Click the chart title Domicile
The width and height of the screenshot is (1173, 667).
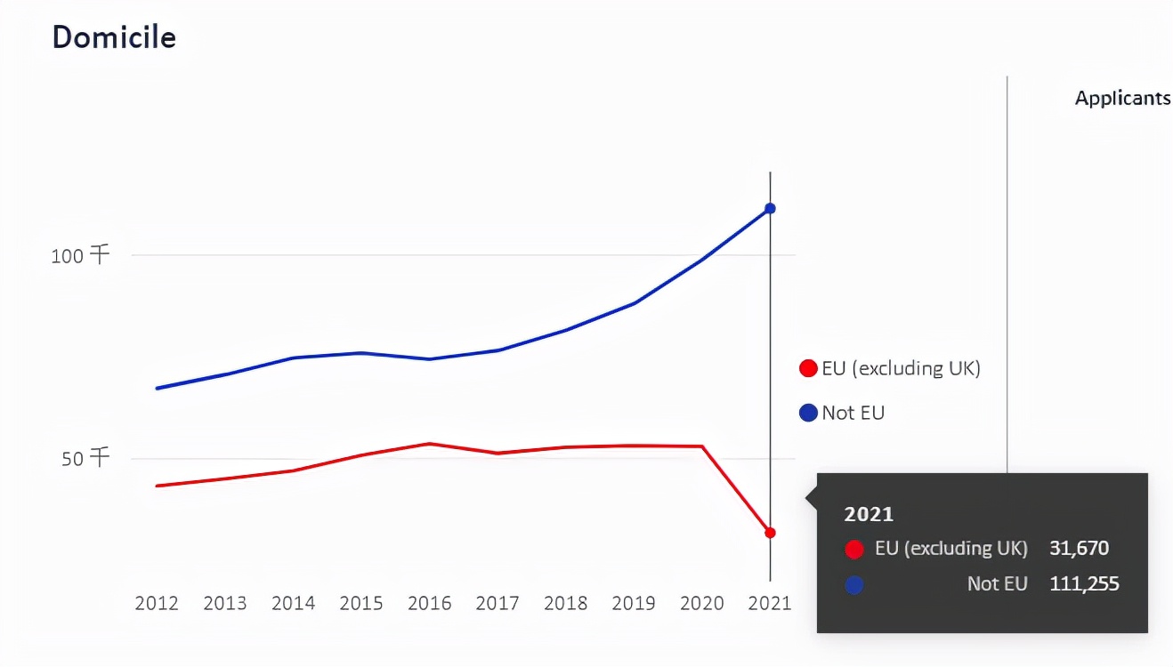pyautogui.click(x=114, y=38)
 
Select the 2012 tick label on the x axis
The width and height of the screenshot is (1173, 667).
pyautogui.click(x=157, y=604)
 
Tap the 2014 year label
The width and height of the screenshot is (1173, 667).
pyautogui.click(x=293, y=604)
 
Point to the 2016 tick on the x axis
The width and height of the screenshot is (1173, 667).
pyautogui.click(x=429, y=604)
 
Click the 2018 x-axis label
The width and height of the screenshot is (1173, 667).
pyautogui.click(x=565, y=604)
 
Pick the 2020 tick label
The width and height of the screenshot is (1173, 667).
pyautogui.click(x=702, y=604)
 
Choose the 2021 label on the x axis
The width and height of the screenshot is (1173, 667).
pyautogui.click(x=770, y=604)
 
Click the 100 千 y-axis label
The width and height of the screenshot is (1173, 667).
pyautogui.click(x=80, y=256)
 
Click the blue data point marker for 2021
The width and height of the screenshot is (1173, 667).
pyautogui.click(x=770, y=208)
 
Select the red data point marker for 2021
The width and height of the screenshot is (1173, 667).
pyautogui.click(x=770, y=533)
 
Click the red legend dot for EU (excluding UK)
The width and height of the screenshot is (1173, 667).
pyautogui.click(x=808, y=368)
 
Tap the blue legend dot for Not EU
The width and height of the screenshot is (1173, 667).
pyautogui.click(x=808, y=413)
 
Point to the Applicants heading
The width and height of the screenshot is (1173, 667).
pyautogui.click(x=1122, y=98)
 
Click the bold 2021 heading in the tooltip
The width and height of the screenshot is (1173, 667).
pyautogui.click(x=868, y=514)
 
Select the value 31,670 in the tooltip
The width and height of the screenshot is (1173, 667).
pyautogui.click(x=1079, y=549)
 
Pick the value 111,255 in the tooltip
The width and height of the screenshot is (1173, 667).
pyautogui.click(x=1083, y=584)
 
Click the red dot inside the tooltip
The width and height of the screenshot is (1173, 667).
pyautogui.click(x=854, y=550)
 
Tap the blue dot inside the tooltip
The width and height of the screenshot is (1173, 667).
pyautogui.click(x=854, y=585)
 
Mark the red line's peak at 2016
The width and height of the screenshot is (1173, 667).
pyautogui.click(x=430, y=444)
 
